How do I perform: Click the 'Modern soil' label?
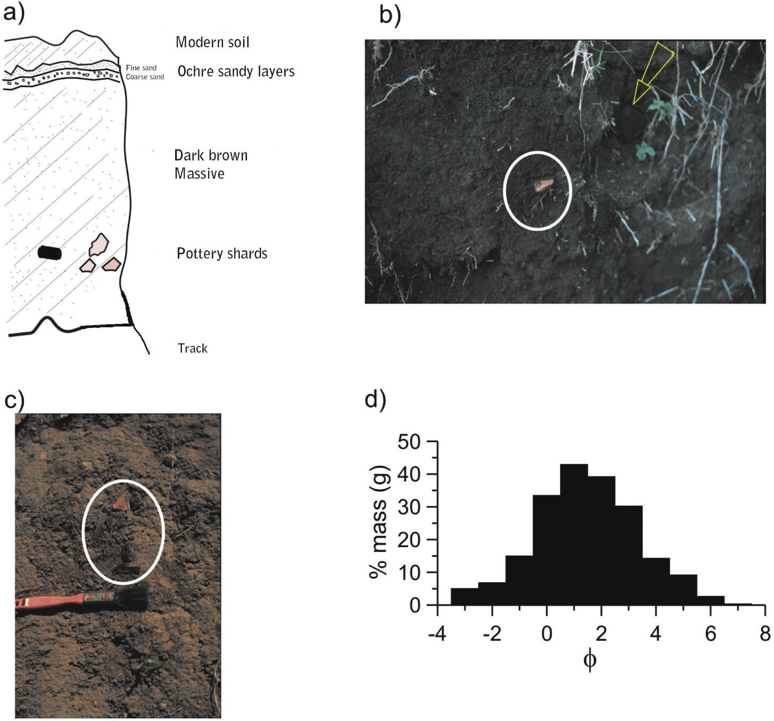212,42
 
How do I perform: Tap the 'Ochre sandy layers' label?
236,71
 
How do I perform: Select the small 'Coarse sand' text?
145,77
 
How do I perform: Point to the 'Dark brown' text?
211,155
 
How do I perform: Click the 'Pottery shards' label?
222,253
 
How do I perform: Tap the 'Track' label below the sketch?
193,348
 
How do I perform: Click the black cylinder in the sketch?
49,253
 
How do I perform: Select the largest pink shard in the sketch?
99,244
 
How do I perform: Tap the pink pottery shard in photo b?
543,185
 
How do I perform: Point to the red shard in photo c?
121,502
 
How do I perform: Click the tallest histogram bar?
573,534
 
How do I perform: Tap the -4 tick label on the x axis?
438,634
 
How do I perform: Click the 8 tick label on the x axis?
764,634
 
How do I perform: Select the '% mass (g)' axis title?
380,523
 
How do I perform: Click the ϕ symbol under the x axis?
589,660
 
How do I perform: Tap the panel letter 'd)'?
376,399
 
